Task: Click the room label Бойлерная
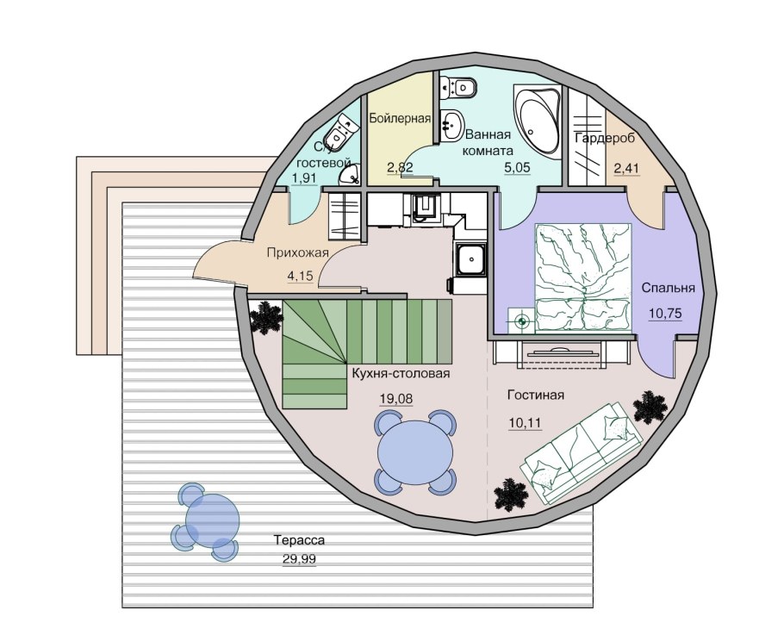pos(400,119)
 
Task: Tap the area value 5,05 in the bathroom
pos(517,167)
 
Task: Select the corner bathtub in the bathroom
pos(537,121)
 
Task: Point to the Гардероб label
pos(605,138)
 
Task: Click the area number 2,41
pos(626,169)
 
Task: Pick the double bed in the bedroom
pos(583,277)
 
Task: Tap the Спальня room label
pos(668,288)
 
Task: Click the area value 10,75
pos(665,314)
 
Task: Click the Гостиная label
pos(536,395)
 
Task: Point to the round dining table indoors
pos(415,452)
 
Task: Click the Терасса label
pos(299,540)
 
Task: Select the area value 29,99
pos(299,559)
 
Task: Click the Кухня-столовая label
pos(401,373)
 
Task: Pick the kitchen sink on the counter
pos(470,259)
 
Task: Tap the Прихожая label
pos(297,253)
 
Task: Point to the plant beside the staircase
pos(267,317)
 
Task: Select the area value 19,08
pos(396,399)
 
